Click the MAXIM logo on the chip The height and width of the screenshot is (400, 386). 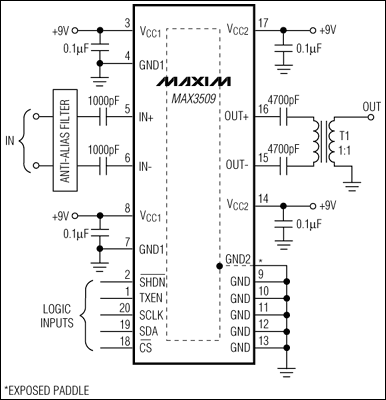tap(194, 78)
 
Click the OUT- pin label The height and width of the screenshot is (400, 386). tap(238, 161)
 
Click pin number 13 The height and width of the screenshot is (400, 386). tap(262, 340)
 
